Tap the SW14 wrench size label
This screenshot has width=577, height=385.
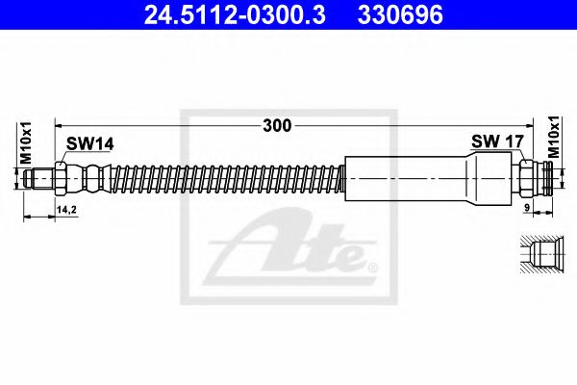coord(89,143)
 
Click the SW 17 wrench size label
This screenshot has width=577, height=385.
coord(496,142)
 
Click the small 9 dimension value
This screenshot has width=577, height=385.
coord(529,206)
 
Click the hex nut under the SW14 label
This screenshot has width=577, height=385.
coord(62,178)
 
